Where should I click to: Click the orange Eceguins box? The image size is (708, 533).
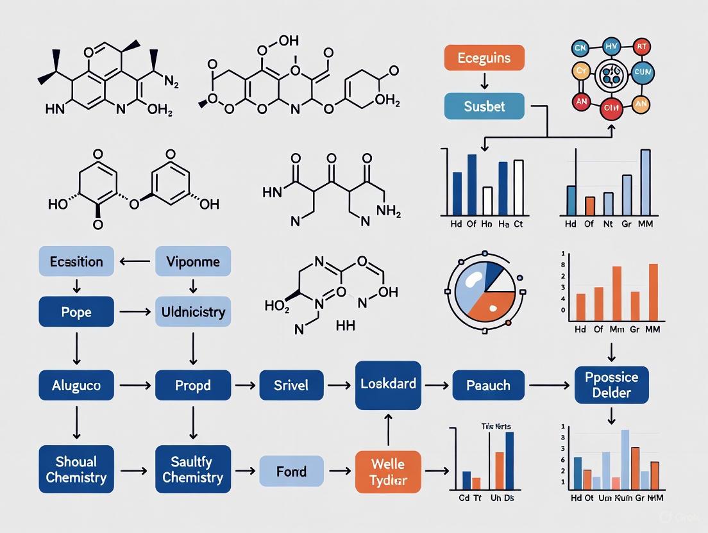point(484,58)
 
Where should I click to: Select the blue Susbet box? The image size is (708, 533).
point(484,106)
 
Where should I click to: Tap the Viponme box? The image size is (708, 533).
point(192,262)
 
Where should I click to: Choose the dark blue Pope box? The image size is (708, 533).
point(76,312)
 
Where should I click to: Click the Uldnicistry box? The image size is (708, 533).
point(192,312)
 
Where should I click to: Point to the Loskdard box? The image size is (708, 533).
point(388,385)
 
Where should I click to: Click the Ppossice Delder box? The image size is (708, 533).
point(611,384)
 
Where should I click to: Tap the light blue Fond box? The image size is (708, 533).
point(292,471)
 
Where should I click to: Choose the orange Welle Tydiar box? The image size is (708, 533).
point(388,471)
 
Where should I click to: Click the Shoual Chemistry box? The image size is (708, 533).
point(76,470)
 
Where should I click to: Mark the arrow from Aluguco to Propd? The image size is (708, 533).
point(135,386)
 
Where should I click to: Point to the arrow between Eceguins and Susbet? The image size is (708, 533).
point(484,81)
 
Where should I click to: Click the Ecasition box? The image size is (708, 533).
point(76,262)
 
